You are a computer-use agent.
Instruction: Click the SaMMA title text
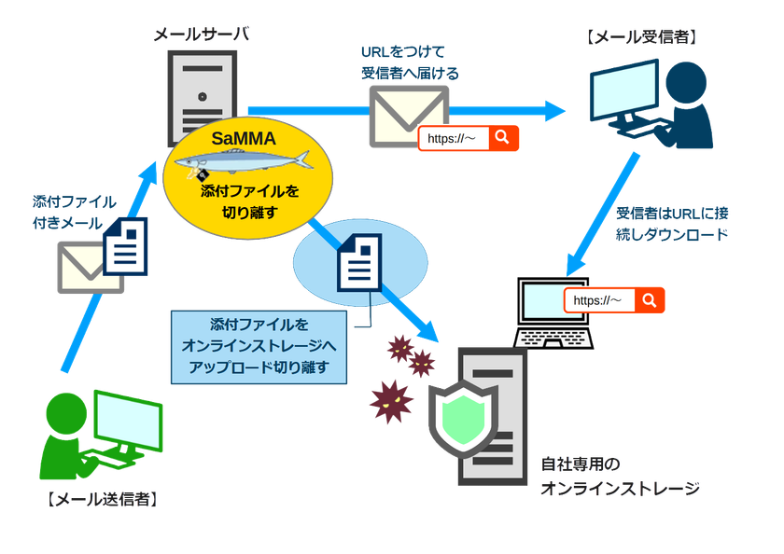(x=243, y=138)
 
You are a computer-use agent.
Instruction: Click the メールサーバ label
(x=202, y=34)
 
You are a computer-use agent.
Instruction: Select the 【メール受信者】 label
(x=641, y=37)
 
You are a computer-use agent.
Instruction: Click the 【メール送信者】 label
(x=102, y=499)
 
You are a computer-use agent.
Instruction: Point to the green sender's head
(x=66, y=413)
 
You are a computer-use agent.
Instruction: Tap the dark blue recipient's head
(x=686, y=82)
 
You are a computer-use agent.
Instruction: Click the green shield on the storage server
(x=464, y=419)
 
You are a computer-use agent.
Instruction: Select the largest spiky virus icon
(x=391, y=402)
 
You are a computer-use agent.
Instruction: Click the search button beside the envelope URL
(x=503, y=138)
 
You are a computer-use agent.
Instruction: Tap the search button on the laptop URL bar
(x=649, y=299)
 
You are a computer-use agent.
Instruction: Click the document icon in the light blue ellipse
(x=359, y=262)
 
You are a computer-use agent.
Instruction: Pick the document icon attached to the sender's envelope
(x=125, y=246)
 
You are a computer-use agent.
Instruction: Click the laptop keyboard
(x=553, y=339)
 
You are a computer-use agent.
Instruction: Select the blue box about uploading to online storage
(x=259, y=347)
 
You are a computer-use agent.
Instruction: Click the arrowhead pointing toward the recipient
(x=555, y=111)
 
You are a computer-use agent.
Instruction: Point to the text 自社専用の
(x=581, y=464)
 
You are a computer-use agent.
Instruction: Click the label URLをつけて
(x=403, y=51)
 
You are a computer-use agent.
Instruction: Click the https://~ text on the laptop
(x=597, y=300)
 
